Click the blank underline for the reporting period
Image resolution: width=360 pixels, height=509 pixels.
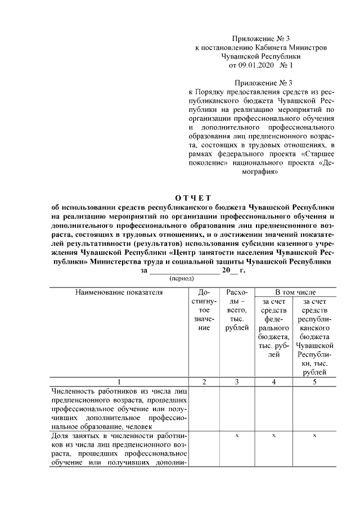[x=183, y=271]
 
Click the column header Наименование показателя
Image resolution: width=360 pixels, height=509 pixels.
[x=119, y=292]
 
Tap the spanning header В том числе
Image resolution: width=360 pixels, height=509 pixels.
[x=295, y=292]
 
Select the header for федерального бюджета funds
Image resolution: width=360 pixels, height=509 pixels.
[x=273, y=332]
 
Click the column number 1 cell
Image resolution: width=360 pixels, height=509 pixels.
[x=119, y=382]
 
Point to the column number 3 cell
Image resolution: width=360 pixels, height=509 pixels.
[x=236, y=382]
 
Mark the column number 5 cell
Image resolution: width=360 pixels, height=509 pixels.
[x=315, y=382]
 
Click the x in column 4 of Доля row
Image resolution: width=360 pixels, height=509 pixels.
[x=273, y=436]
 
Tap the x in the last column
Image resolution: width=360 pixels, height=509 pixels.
[x=315, y=436]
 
